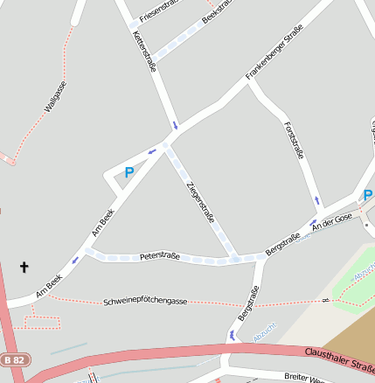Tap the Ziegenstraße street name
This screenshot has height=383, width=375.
click(200, 202)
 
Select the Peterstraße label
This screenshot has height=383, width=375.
click(159, 256)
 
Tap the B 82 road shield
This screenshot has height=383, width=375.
click(14, 359)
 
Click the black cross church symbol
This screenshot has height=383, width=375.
click(24, 268)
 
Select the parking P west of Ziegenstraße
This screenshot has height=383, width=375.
click(129, 173)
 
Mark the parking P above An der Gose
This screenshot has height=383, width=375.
click(368, 194)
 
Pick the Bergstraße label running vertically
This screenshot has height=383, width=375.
click(247, 303)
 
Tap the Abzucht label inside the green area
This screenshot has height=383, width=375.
click(362, 276)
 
